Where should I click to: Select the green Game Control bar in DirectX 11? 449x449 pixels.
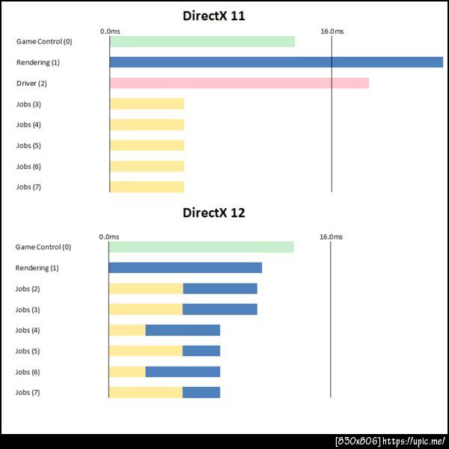click(x=202, y=41)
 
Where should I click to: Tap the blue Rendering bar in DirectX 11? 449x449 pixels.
click(x=276, y=62)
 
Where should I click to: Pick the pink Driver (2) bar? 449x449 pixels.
click(x=239, y=83)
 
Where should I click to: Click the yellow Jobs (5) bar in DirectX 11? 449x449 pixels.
click(x=147, y=145)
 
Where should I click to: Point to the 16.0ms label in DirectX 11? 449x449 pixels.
click(x=332, y=31)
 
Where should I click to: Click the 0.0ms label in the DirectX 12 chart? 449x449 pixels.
click(x=109, y=236)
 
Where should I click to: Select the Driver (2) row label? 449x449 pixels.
click(x=31, y=83)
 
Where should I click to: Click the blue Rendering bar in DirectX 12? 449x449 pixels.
click(x=185, y=268)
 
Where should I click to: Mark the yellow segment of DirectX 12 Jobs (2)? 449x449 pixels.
click(x=145, y=289)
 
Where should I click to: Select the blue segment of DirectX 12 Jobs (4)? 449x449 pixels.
click(x=183, y=330)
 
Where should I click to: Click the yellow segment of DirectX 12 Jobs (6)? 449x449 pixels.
click(x=126, y=372)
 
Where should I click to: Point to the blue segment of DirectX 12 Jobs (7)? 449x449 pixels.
click(x=201, y=392)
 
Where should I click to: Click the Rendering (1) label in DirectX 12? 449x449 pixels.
click(x=37, y=268)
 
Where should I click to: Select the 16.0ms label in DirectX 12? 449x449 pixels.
click(x=331, y=236)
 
